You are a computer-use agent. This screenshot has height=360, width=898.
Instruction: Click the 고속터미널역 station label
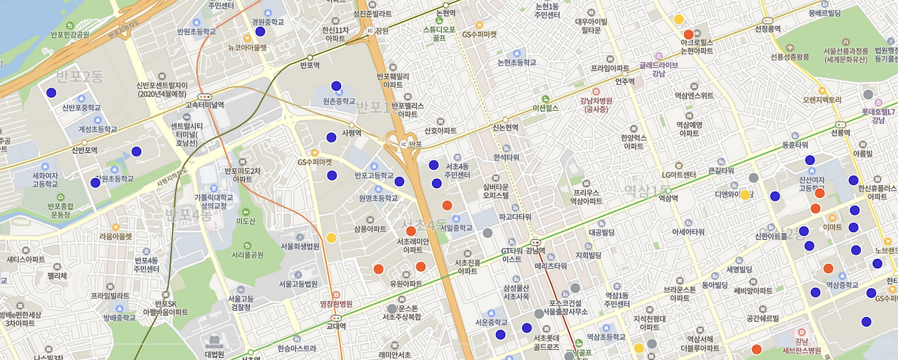(205, 105)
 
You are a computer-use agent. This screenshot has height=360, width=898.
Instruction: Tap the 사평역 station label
(351, 133)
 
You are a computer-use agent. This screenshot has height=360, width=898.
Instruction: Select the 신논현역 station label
(505, 128)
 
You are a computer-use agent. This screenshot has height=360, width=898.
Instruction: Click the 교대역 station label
(336, 326)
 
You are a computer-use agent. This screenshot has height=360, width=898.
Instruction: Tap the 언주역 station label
(624, 81)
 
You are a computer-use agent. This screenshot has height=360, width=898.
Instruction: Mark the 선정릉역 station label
(768, 29)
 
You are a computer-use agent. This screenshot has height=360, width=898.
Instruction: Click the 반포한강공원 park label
(70, 34)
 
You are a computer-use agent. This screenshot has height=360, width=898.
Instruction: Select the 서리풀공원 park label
(247, 255)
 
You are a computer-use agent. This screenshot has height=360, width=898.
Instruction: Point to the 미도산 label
(246, 221)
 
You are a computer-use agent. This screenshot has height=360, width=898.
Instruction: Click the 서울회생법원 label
(300, 246)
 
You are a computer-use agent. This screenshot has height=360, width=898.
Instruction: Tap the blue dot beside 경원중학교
(260, 32)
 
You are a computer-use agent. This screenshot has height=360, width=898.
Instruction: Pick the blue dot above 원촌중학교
(336, 86)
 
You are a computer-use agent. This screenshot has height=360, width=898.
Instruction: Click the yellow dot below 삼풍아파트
(331, 238)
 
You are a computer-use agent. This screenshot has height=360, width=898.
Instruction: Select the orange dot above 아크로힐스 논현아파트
(688, 34)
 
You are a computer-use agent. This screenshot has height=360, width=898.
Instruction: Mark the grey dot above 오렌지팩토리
(868, 94)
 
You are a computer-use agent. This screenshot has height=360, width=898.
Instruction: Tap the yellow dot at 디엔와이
(745, 195)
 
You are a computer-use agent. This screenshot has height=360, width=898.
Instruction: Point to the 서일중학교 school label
(455, 228)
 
